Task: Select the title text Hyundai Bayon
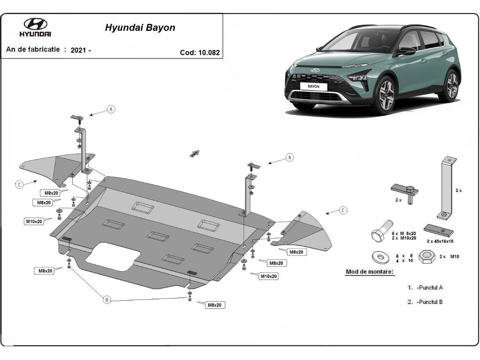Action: coord(140,28)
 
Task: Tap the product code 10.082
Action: coord(208,52)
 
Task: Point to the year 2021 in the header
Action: coord(78,50)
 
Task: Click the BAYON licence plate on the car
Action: coord(314,86)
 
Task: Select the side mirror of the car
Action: coord(407,51)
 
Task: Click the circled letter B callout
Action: coord(106,300)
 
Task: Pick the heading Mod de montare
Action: coord(370,272)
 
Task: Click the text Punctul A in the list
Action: coord(430,287)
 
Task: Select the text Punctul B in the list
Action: coord(430,302)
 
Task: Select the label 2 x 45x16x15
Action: coord(440,241)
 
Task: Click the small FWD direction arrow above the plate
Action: coord(194,153)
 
